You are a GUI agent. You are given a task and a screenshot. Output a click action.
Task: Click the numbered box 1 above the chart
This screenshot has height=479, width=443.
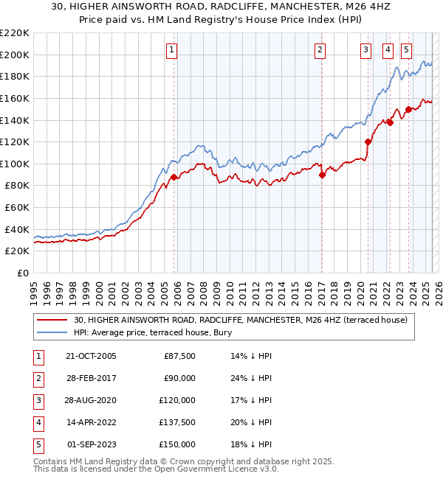pyautogui.click(x=171, y=50)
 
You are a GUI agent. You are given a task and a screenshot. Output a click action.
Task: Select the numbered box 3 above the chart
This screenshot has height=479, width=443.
pyautogui.click(x=365, y=50)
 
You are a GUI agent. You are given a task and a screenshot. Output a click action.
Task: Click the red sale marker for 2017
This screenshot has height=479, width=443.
pyautogui.click(x=322, y=175)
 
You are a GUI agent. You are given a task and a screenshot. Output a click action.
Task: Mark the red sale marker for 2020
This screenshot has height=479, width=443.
pyautogui.click(x=368, y=141)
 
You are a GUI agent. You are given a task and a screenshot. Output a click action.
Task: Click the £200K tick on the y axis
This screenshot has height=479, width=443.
pyautogui.click(x=16, y=55)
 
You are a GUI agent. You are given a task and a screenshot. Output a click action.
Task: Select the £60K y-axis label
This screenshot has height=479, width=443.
pyautogui.click(x=19, y=208)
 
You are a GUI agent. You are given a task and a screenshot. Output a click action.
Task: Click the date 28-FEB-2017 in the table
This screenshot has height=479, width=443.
pyautogui.click(x=91, y=378)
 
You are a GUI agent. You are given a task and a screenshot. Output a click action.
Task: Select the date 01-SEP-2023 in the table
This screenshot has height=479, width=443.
pyautogui.click(x=91, y=444)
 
